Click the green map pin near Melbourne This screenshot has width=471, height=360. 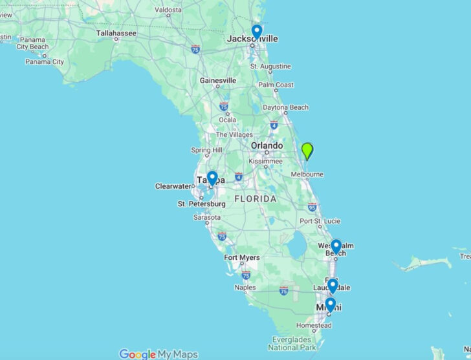click(307, 151)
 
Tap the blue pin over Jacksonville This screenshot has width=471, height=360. click(257, 31)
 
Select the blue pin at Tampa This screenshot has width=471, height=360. click(212, 178)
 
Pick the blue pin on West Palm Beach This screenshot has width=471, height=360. click(336, 246)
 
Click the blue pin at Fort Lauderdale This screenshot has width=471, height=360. click(333, 285)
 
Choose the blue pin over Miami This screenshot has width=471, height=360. click(330, 304)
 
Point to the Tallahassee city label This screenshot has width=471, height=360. click(116, 32)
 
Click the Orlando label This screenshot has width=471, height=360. click(267, 146)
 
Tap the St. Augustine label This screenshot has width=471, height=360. click(270, 67)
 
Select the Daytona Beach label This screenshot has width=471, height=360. click(285, 107)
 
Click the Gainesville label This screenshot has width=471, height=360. click(218, 81)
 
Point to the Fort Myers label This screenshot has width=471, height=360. click(242, 258)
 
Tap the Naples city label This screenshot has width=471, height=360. click(245, 288)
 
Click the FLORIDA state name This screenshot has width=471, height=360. click(255, 198)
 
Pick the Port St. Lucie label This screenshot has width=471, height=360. click(315, 222)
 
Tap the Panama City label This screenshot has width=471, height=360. click(45, 62)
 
